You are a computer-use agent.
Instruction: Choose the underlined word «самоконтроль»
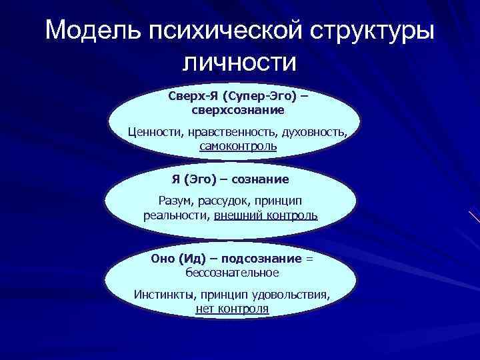click(238, 145)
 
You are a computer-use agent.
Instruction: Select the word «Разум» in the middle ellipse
click(175, 201)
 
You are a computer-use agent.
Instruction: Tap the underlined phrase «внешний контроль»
click(265, 215)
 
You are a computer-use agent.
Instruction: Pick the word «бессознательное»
click(233, 273)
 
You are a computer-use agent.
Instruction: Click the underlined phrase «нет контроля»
click(232, 309)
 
